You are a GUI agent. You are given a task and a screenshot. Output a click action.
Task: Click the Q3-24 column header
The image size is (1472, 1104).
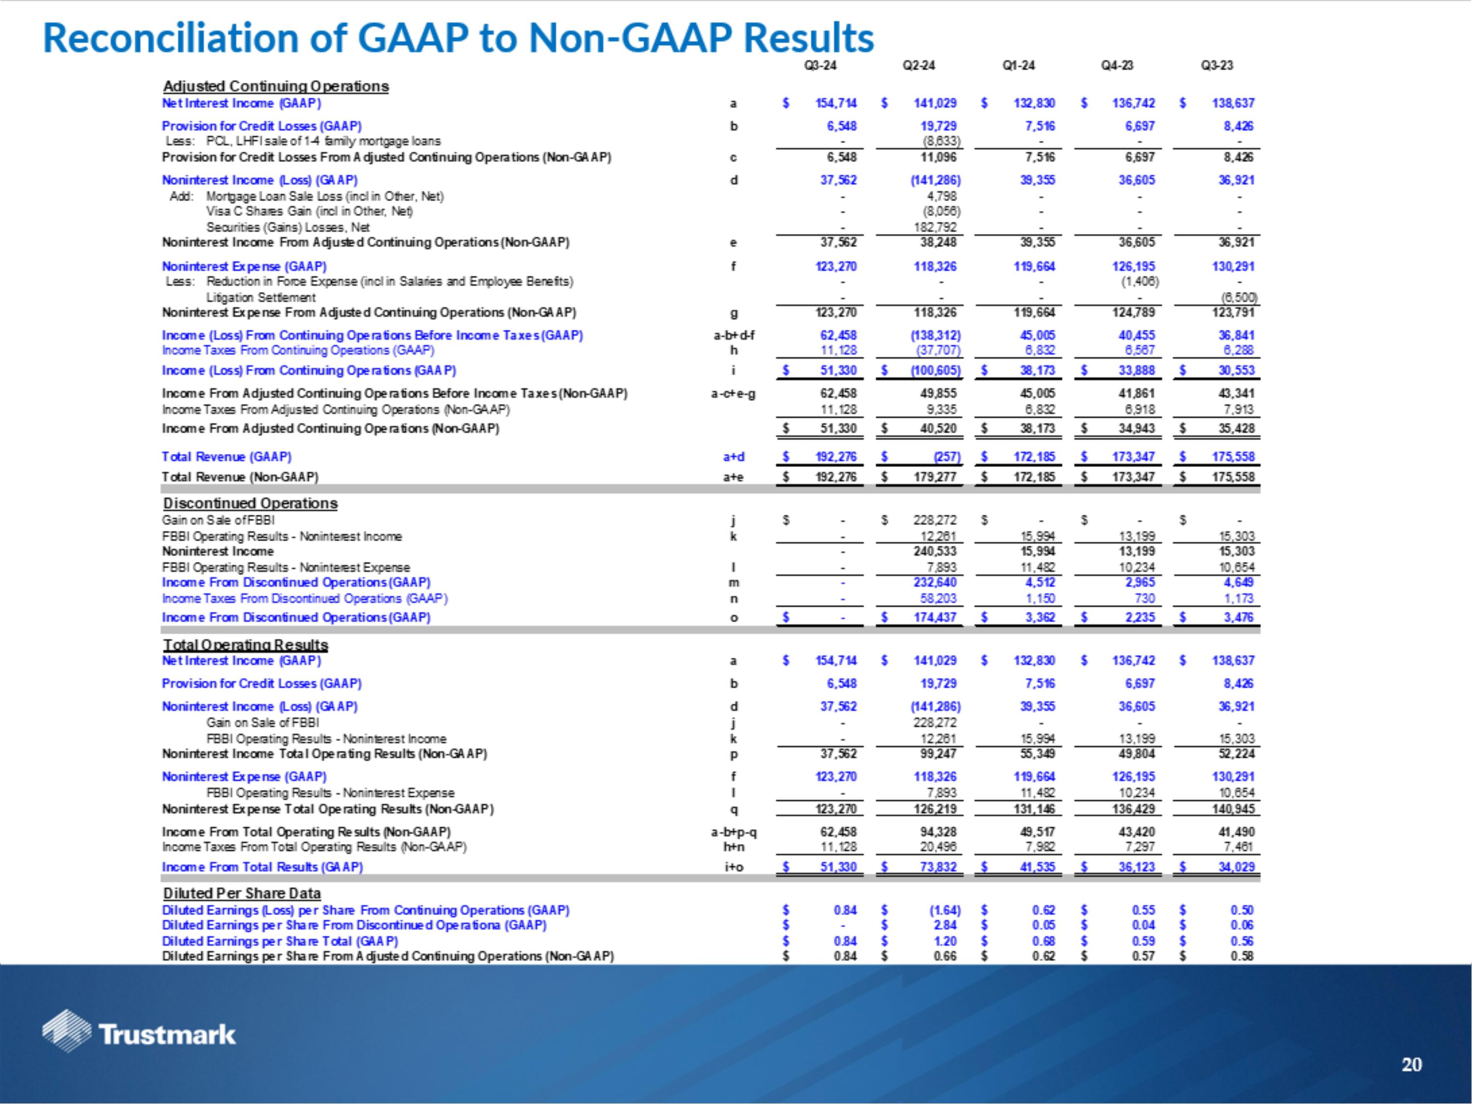(820, 65)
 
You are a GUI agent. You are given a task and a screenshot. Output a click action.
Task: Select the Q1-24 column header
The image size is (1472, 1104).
(1018, 65)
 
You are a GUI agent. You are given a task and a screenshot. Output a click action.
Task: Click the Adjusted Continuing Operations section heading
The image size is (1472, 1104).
(275, 86)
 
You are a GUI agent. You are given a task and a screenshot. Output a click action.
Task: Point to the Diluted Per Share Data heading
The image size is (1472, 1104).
(241, 893)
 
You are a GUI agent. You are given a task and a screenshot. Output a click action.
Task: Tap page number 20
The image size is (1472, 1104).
(1412, 1065)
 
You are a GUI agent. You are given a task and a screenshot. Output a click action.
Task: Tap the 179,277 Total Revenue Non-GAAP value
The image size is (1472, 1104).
(936, 477)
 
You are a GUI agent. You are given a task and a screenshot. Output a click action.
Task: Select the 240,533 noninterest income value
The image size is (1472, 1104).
(936, 552)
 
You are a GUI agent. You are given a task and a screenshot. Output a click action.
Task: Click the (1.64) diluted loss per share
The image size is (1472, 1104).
(940, 910)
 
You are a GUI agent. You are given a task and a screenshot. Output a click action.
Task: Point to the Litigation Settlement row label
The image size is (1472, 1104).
(261, 297)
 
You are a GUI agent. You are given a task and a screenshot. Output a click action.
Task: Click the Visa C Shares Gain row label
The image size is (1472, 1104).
(310, 211)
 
